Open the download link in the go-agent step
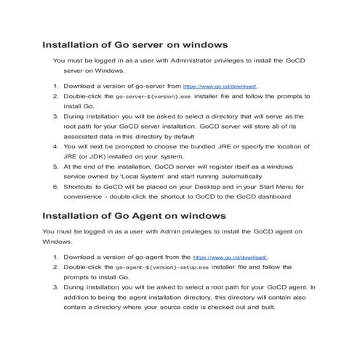click(231, 257)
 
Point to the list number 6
click(56, 186)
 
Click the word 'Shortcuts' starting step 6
click(79, 186)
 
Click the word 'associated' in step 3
click(82, 136)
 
